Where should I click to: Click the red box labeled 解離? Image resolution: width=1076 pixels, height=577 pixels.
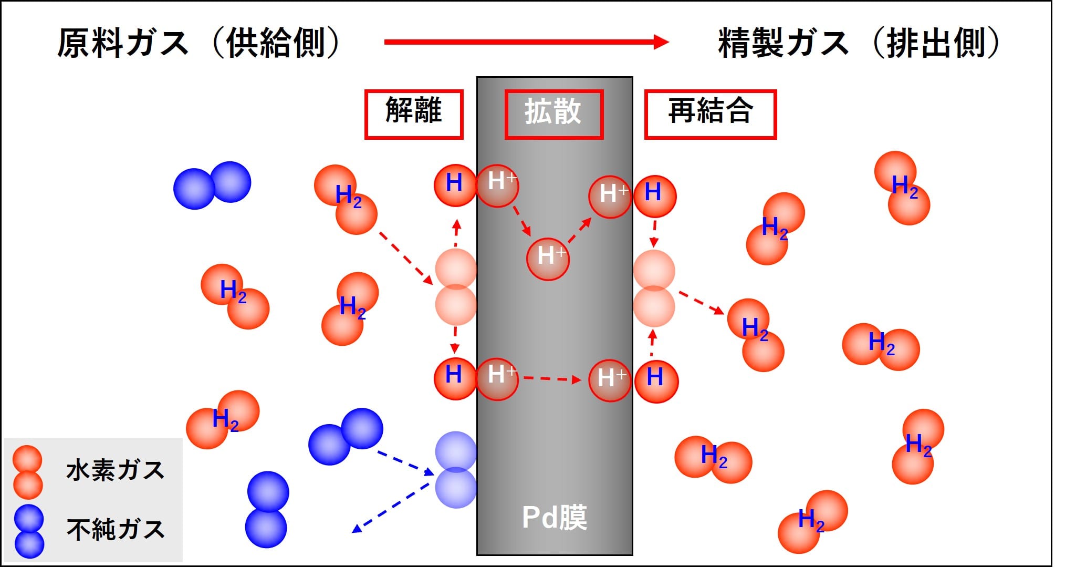pyautogui.click(x=414, y=114)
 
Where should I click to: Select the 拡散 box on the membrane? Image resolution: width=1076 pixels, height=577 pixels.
pyautogui.click(x=554, y=114)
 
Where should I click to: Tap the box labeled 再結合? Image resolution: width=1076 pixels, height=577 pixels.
pyautogui.click(x=711, y=114)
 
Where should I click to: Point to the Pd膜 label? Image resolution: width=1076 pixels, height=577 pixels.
pyautogui.click(x=555, y=518)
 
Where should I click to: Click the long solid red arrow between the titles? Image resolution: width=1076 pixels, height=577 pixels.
pyautogui.click(x=527, y=42)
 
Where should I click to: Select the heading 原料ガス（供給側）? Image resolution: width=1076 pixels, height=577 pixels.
pyautogui.click(x=200, y=43)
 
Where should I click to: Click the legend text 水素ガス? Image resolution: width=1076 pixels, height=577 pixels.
pyautogui.click(x=116, y=470)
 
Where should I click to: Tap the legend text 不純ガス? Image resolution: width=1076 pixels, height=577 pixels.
pyautogui.click(x=116, y=529)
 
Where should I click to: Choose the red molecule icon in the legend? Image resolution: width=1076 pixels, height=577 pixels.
pyautogui.click(x=27, y=472)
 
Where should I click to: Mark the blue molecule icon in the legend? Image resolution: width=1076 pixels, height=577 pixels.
pyautogui.click(x=29, y=531)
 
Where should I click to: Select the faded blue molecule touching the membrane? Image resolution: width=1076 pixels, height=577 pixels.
pyautogui.click(x=456, y=470)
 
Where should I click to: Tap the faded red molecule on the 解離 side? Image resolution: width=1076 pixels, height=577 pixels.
pyautogui.click(x=456, y=287)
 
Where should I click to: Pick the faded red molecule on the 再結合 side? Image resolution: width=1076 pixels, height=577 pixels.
pyautogui.click(x=654, y=288)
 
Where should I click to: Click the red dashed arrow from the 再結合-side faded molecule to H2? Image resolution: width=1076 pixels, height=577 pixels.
pyautogui.click(x=702, y=303)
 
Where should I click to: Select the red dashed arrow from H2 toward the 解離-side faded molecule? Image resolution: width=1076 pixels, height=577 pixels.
pyautogui.click(x=406, y=258)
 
